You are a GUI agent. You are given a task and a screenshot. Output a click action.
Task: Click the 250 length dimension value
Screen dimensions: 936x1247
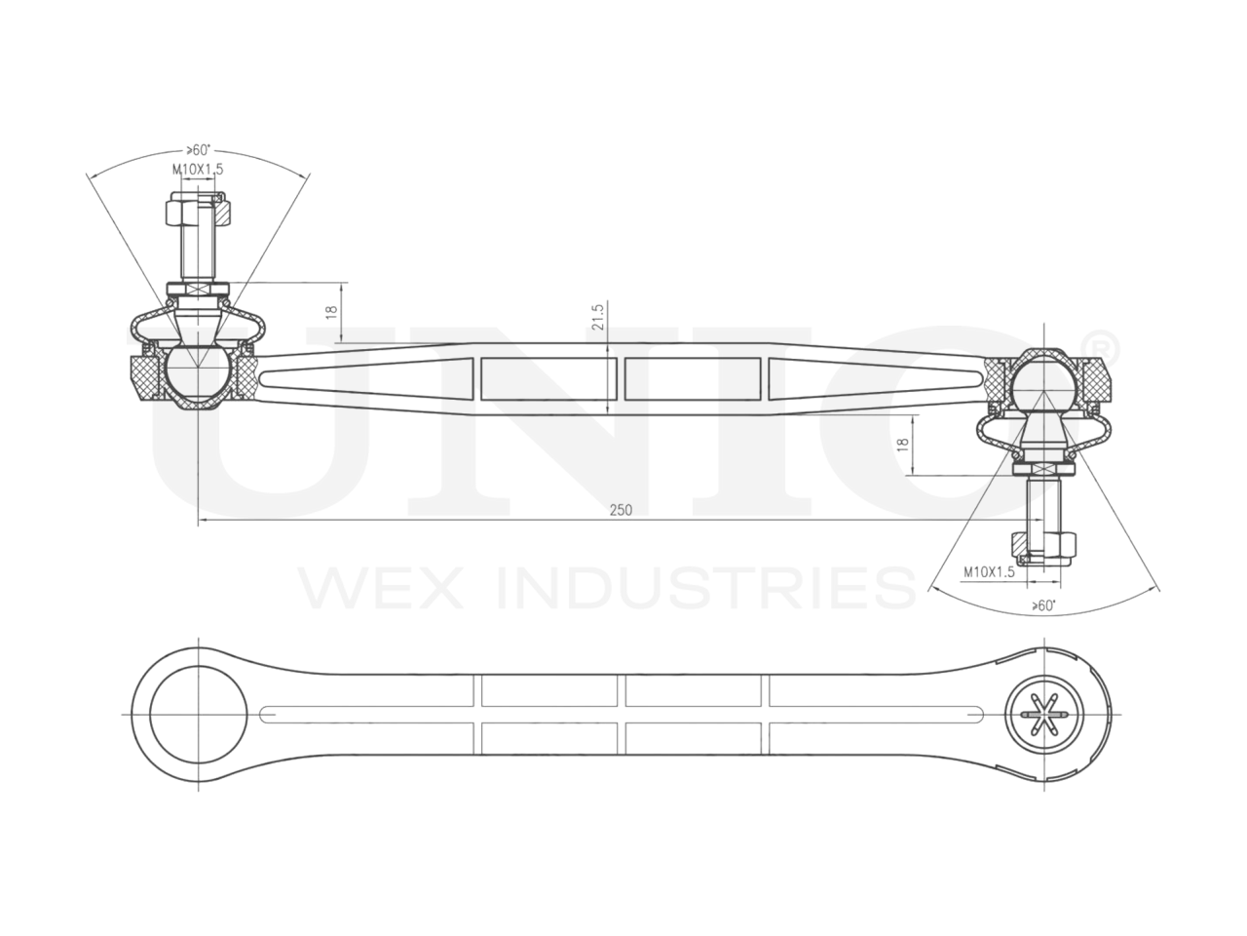[621, 510]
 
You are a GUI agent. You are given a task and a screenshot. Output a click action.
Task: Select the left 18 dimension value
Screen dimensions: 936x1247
[331, 313]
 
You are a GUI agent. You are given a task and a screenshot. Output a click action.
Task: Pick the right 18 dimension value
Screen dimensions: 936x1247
[902, 445]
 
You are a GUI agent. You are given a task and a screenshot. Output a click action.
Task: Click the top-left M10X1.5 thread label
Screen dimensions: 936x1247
[199, 169]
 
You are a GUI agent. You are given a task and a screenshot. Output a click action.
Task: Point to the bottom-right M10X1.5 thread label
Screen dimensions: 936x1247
[989, 572]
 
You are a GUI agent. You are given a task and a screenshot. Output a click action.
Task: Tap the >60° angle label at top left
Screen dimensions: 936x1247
[198, 150]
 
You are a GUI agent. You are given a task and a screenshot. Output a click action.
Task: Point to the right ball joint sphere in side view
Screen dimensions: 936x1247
[1039, 381]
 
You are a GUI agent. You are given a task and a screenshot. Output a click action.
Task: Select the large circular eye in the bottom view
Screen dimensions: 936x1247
[196, 716]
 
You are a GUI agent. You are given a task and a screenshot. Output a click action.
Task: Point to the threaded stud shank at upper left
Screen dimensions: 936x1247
[196, 255]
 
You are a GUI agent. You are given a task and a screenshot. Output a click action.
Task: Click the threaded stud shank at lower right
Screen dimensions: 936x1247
[1042, 502]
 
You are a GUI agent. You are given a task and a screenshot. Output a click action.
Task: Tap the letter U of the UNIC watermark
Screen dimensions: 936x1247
[244, 429]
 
